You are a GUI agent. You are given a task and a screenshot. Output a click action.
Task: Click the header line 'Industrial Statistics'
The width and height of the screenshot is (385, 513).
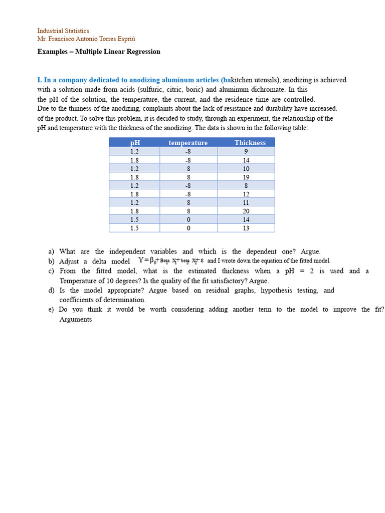(63, 31)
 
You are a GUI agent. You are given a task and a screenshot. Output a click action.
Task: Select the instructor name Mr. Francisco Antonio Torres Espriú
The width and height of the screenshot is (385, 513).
(86, 39)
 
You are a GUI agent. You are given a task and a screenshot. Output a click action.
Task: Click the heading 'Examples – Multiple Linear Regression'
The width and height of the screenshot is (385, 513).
(99, 52)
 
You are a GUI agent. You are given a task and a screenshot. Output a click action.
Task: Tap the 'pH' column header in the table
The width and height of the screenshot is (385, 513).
(134, 143)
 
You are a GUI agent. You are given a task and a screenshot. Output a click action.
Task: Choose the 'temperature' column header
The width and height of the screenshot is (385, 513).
(188, 143)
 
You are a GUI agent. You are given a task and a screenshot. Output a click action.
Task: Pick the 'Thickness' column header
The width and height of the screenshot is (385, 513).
(250, 143)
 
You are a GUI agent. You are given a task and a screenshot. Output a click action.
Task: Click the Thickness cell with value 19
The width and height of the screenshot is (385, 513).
(246, 177)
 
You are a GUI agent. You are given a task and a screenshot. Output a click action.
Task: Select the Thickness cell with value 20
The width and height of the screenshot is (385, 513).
(246, 211)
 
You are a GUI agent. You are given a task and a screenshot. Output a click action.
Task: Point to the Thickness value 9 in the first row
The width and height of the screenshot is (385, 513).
(246, 151)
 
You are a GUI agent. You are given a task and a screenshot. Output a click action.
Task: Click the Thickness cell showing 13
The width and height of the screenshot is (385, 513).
(246, 228)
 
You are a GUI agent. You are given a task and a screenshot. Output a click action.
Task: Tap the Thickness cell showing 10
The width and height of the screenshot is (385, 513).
(246, 169)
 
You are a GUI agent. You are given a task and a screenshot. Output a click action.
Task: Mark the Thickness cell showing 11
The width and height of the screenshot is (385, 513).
(246, 202)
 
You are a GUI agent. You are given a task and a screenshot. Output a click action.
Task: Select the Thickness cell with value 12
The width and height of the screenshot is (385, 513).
(246, 194)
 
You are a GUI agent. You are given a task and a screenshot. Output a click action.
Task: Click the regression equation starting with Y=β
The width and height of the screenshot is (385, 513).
(170, 261)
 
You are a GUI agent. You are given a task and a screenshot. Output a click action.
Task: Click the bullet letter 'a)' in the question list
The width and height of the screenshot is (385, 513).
(51, 251)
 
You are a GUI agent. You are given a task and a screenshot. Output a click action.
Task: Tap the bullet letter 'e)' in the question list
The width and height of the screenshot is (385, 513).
(51, 310)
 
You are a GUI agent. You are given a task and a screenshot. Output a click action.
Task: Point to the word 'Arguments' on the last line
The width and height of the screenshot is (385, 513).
(76, 320)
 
